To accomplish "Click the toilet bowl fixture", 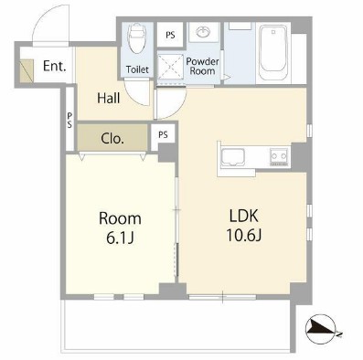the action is [x=136, y=38].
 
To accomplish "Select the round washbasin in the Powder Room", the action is [x=203, y=32].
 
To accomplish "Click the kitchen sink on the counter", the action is [x=232, y=157].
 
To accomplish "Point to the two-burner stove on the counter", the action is [x=279, y=156].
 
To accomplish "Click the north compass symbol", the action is [x=321, y=329].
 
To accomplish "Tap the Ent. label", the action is [x=55, y=66].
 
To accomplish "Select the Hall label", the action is [x=109, y=98].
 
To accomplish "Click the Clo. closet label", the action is [x=112, y=139].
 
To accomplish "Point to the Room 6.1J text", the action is [x=120, y=228].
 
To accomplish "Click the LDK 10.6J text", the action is [x=244, y=226].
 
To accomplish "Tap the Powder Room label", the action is [x=202, y=66].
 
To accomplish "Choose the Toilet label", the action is [x=137, y=69].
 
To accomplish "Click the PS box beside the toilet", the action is [x=170, y=35].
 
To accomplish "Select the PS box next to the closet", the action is [x=163, y=134].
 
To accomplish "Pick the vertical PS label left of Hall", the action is [x=69, y=120].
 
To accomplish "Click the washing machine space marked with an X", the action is [x=171, y=68].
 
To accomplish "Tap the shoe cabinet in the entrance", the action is [x=27, y=70].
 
